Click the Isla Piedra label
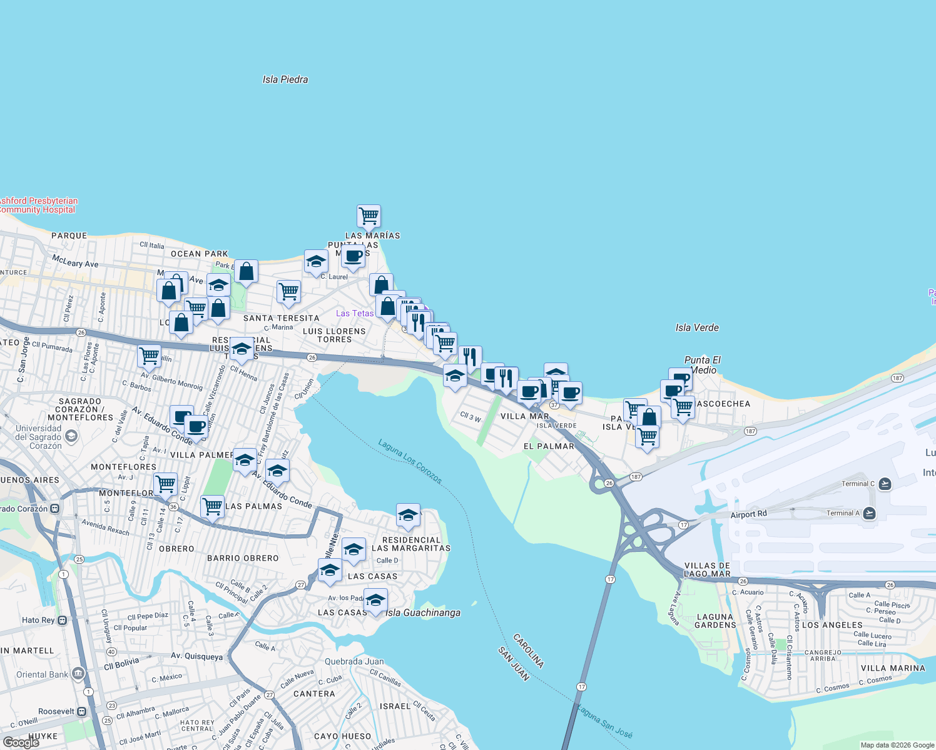(285, 79)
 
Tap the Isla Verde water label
(697, 327)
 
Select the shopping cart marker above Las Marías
(369, 216)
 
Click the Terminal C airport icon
(885, 484)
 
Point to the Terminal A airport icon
(869, 513)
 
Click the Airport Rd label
(748, 514)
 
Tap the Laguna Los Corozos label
(410, 462)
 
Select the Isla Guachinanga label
(423, 612)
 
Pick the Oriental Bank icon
(78, 674)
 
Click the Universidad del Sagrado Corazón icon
(71, 436)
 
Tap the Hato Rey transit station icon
(62, 620)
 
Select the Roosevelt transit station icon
(81, 711)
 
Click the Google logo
(21, 742)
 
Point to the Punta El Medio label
(703, 365)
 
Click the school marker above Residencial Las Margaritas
(408, 516)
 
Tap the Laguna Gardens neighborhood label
(715, 621)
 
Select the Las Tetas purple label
(355, 313)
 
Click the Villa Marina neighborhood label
(892, 668)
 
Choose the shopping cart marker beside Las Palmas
(212, 506)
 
